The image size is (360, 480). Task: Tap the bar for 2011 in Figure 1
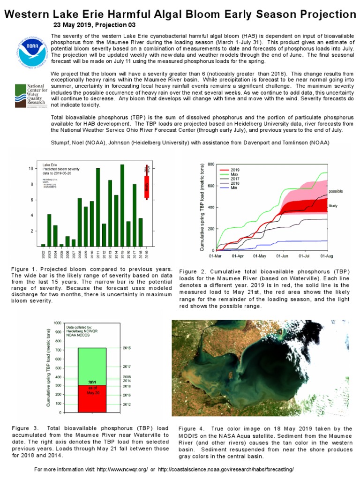click(98, 207)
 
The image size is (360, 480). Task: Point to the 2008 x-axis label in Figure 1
click(80, 255)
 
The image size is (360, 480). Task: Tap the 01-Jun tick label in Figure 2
click(283, 256)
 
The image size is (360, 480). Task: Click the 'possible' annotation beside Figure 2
click(336, 191)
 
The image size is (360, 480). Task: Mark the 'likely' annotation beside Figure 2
click(332, 206)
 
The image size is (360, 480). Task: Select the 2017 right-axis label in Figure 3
click(127, 367)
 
